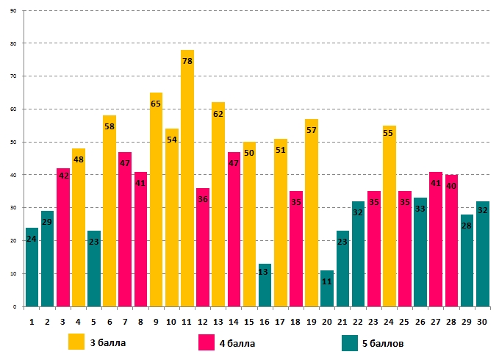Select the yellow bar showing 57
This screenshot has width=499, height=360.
(312, 213)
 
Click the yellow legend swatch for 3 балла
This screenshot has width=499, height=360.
(76, 342)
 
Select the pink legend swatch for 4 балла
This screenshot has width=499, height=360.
(207, 342)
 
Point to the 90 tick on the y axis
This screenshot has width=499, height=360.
(15, 11)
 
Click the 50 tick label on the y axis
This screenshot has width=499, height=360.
(15, 142)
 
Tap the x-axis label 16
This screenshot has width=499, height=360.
(265, 320)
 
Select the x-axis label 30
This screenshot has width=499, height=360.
(482, 320)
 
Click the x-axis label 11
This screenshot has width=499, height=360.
(187, 320)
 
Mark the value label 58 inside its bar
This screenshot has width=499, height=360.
(110, 127)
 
